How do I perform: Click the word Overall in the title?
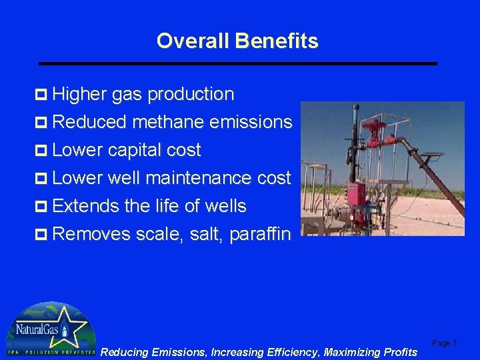(x=191, y=41)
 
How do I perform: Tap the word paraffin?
(x=260, y=234)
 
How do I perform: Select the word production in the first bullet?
(x=191, y=95)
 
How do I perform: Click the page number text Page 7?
(x=444, y=343)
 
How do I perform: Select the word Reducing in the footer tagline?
(x=124, y=352)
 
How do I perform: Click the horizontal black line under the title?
(x=237, y=63)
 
